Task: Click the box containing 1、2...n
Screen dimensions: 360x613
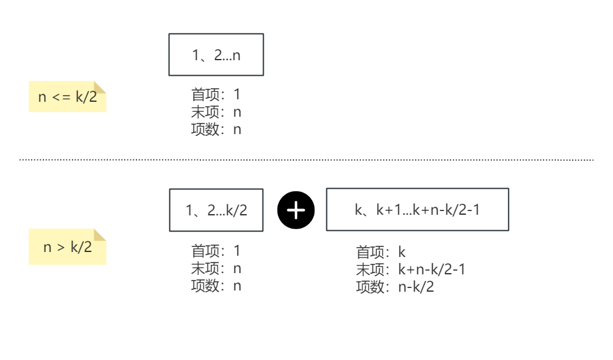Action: pyautogui.click(x=216, y=55)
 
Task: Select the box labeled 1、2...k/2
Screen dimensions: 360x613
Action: pyautogui.click(x=216, y=210)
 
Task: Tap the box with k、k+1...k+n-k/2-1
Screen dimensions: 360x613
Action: pyautogui.click(x=417, y=210)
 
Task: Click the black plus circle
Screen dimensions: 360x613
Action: pyautogui.click(x=296, y=210)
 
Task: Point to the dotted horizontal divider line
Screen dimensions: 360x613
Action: pyautogui.click(x=306, y=160)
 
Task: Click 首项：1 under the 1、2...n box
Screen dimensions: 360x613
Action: pyautogui.click(x=216, y=95)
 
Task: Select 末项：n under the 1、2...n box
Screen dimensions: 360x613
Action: pyautogui.click(x=216, y=112)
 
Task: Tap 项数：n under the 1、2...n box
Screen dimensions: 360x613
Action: pyautogui.click(x=216, y=130)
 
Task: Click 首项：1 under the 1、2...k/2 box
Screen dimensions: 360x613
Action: pyautogui.click(x=216, y=251)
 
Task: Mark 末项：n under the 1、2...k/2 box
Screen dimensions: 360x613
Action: pyautogui.click(x=216, y=269)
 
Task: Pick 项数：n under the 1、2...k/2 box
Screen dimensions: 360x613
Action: pyautogui.click(x=216, y=286)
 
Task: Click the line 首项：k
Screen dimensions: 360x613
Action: pyautogui.click(x=380, y=252)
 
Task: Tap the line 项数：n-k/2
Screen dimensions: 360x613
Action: pyautogui.click(x=395, y=287)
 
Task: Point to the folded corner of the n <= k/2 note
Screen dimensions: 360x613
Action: pyautogui.click(x=101, y=86)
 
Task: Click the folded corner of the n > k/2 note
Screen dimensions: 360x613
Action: pyautogui.click(x=101, y=234)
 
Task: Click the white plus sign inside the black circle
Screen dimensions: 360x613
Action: pyautogui.click(x=296, y=210)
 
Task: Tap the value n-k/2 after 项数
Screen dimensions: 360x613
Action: pyautogui.click(x=416, y=287)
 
